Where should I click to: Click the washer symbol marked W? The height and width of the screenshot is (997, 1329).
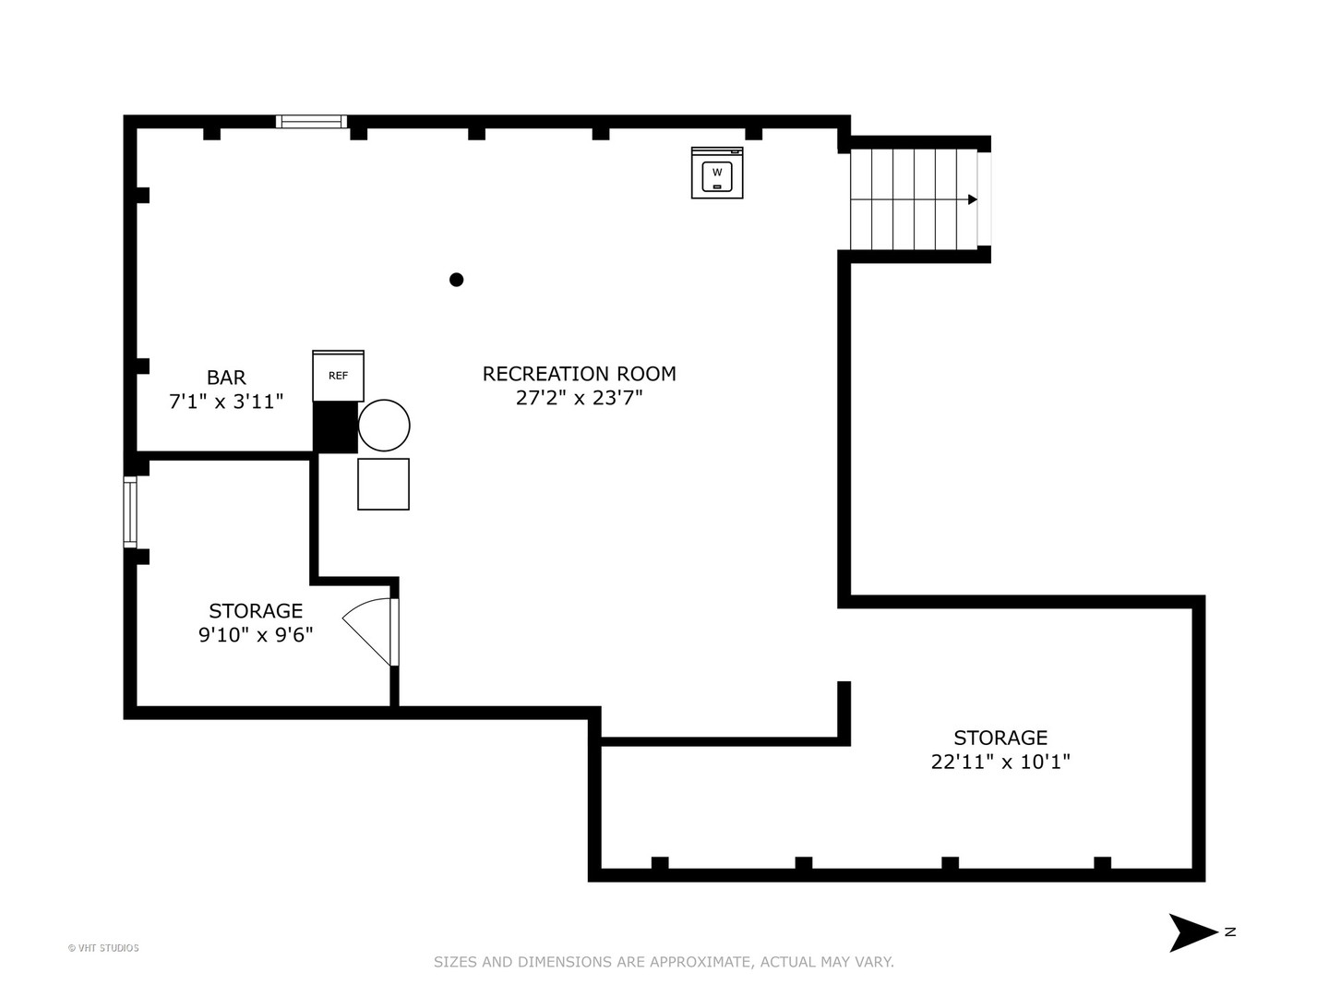tap(717, 173)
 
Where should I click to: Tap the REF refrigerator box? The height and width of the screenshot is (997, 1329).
tap(338, 376)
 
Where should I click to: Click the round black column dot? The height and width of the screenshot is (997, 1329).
tap(457, 280)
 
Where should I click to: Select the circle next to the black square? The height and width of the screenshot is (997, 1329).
tap(384, 426)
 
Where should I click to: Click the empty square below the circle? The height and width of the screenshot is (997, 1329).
tap(383, 485)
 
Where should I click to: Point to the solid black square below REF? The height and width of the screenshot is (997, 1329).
tap(335, 426)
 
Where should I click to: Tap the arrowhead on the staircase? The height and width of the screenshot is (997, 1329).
tap(973, 199)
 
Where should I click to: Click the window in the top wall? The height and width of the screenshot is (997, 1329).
tap(312, 122)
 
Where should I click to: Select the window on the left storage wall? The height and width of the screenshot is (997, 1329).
tap(130, 512)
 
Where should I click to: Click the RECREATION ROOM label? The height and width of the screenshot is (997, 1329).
tap(579, 374)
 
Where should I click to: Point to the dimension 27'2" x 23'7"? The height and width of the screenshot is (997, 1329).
tap(579, 398)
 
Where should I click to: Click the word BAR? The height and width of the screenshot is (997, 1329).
tap(226, 378)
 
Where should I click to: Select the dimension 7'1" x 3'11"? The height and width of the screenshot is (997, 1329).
tap(226, 402)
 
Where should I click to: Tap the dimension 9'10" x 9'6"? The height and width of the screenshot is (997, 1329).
tap(256, 634)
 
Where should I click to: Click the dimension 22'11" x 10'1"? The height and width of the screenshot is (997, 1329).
tap(1000, 762)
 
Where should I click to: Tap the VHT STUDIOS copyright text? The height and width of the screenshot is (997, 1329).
tap(103, 948)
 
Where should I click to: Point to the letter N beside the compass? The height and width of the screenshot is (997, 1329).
tap(1230, 932)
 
